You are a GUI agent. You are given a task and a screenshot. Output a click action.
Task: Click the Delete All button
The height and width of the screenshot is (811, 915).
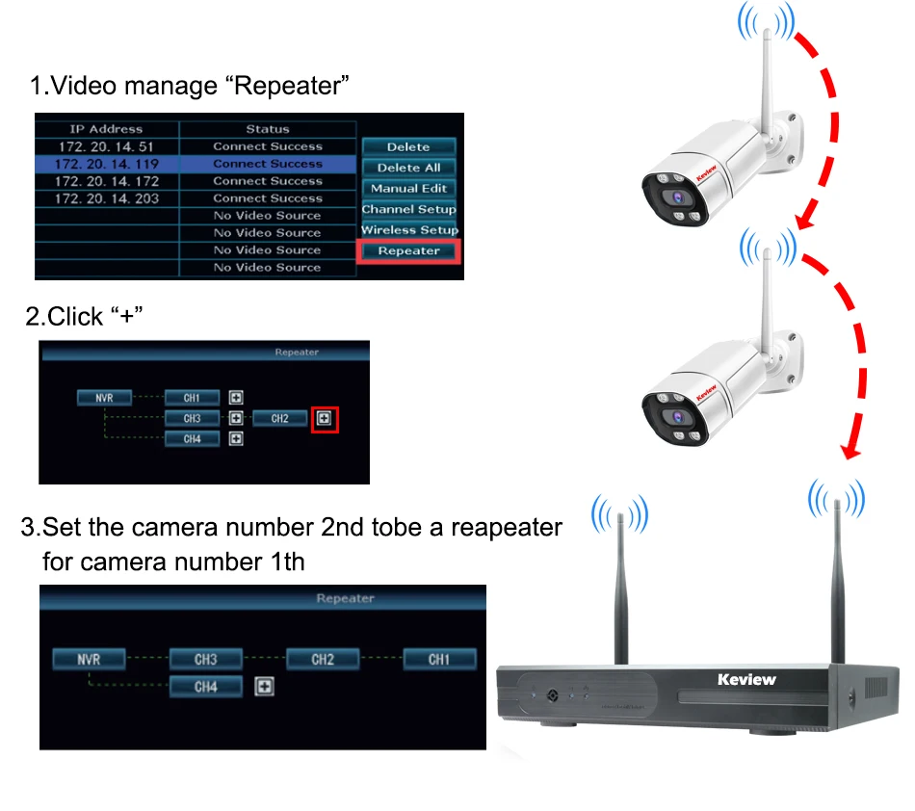pos(408,168)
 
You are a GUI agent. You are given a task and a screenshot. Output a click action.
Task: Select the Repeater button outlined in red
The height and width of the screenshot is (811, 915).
pos(408,250)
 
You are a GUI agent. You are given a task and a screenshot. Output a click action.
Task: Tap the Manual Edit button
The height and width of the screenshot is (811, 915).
pos(408,189)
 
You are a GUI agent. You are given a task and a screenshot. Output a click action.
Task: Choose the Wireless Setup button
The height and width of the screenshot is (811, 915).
pos(409,230)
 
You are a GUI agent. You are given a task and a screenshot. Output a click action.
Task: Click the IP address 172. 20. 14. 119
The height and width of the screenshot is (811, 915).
pos(107,164)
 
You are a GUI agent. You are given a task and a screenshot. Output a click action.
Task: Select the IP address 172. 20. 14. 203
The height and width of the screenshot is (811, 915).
pos(107,199)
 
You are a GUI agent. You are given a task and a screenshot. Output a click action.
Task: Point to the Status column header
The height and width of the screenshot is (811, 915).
pos(267,129)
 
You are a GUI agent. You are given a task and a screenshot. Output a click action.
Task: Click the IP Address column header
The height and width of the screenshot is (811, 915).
pos(106,129)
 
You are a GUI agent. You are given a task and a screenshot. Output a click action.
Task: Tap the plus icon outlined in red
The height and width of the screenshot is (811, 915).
pos(325,418)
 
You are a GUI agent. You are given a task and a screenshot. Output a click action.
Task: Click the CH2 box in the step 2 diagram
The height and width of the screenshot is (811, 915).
pos(279,418)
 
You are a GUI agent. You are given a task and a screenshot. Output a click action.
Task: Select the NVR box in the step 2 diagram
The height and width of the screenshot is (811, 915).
pos(104,398)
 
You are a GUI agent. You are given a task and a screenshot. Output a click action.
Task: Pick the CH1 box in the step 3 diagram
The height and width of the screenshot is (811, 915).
pos(439,660)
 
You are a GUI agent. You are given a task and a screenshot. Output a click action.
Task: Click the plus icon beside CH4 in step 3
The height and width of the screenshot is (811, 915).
pos(264,687)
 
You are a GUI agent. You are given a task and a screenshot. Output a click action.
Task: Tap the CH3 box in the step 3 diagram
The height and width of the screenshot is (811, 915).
pos(206,660)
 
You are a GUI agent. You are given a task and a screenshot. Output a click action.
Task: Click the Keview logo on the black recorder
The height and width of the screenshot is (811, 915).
pos(746,680)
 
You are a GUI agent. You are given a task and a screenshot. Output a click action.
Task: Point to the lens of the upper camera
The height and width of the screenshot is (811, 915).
pos(677,197)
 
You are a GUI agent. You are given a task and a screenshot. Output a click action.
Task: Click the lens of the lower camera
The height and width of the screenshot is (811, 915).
pos(677,417)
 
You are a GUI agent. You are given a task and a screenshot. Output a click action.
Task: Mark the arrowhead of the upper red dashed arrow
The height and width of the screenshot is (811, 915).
pos(806,221)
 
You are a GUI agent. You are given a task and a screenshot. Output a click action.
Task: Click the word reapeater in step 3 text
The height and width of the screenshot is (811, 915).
pos(507,528)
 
